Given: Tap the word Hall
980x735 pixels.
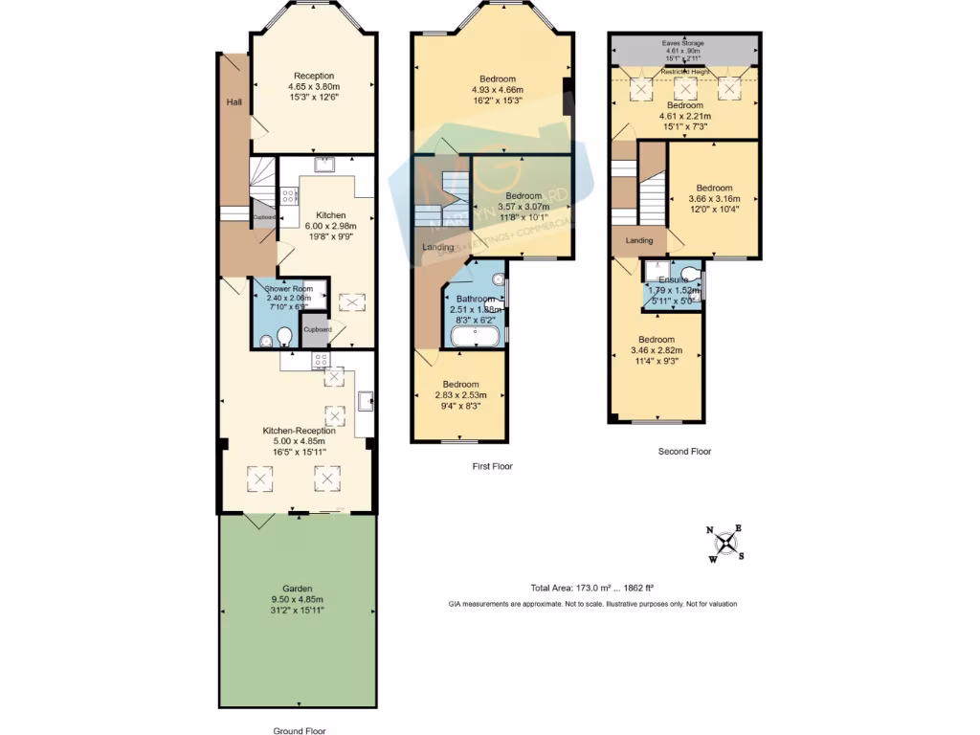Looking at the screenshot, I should [234, 101].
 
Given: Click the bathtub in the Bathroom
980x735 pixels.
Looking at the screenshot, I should [474, 335].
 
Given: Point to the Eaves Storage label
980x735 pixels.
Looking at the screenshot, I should [683, 42].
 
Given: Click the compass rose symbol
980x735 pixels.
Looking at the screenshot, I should [728, 544].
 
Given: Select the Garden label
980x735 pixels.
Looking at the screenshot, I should [297, 589].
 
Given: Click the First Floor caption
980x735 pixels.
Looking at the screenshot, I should [492, 467].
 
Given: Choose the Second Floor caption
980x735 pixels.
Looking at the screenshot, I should [684, 451].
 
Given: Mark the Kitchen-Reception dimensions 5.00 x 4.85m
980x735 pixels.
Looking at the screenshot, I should [300, 441].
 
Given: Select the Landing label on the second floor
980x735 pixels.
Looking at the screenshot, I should [638, 241].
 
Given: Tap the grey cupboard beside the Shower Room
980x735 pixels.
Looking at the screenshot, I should [317, 330].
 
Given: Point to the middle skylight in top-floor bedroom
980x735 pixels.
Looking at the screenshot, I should [685, 88].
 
